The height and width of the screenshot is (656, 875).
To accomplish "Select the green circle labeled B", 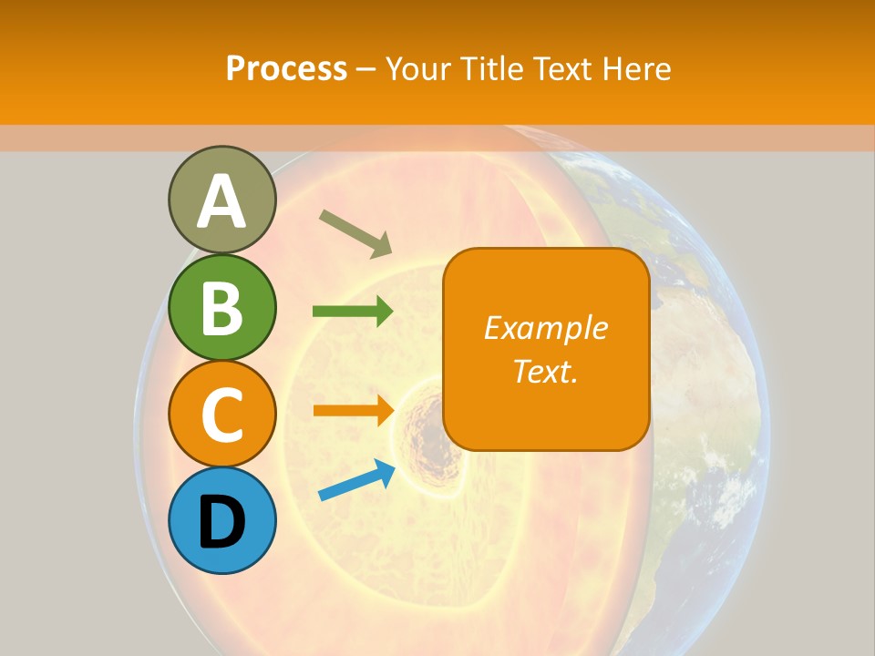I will tap(221, 307).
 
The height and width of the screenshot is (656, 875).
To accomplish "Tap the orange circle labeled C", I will tap(221, 414).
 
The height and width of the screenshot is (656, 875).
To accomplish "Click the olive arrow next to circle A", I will tap(355, 231).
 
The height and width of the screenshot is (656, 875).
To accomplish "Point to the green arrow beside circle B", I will tap(352, 312).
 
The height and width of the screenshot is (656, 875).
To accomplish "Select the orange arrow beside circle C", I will tap(352, 410).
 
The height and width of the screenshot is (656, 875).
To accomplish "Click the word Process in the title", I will tap(286, 68).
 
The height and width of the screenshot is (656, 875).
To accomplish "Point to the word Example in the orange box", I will tap(546, 328).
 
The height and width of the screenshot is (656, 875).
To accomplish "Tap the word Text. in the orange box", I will tap(546, 371).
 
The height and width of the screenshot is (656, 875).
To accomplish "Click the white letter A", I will tap(221, 201).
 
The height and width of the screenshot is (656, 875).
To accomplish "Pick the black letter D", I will tap(221, 522).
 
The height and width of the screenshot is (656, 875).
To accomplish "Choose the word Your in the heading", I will tap(419, 68).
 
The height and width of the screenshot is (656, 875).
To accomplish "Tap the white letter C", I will tap(221, 415).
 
